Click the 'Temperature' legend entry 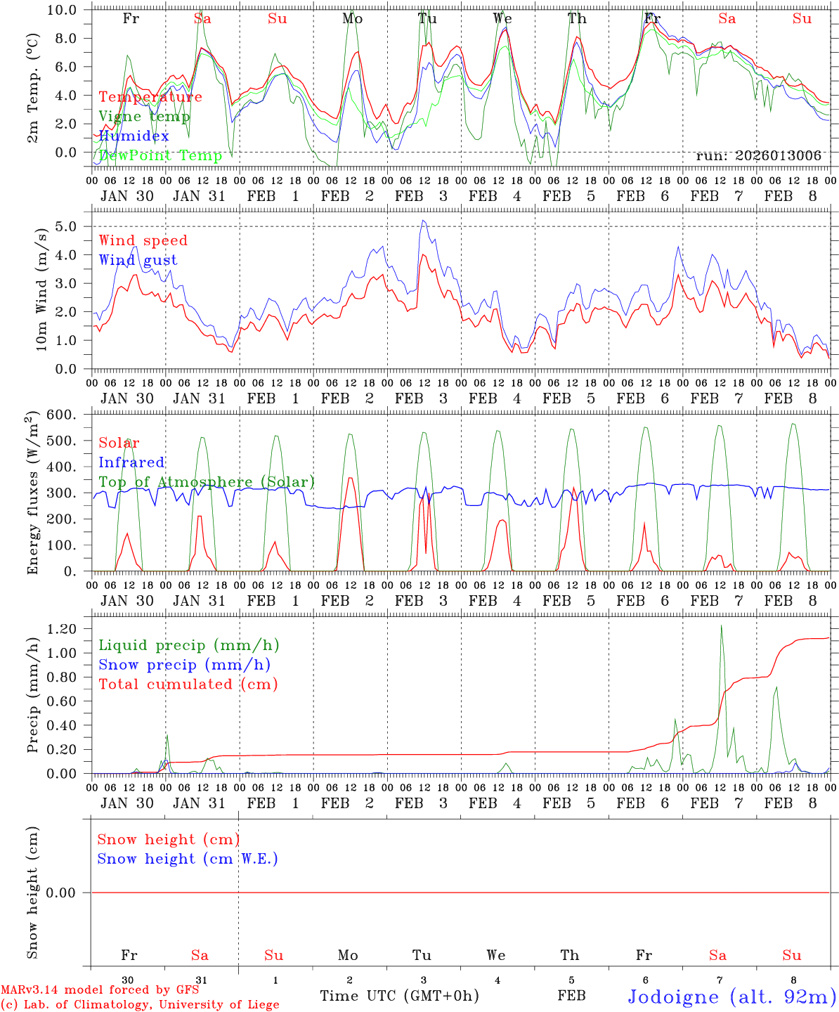pos(150,97)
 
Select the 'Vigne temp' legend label pos(144,117)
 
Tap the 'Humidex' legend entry pos(134,136)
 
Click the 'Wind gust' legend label pos(138,260)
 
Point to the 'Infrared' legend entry pos(131,462)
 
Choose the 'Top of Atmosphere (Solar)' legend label pos(207,482)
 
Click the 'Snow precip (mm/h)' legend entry pos(184,665)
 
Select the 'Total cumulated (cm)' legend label pos(188,684)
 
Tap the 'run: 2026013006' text pos(758,156)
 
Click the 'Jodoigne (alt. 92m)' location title pos(731,997)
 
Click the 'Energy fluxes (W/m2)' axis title pos(32,495)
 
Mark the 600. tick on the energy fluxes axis pos(62,415)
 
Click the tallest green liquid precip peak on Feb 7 pos(721,625)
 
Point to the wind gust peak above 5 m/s pos(423,221)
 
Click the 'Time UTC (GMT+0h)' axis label pos(399,996)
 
